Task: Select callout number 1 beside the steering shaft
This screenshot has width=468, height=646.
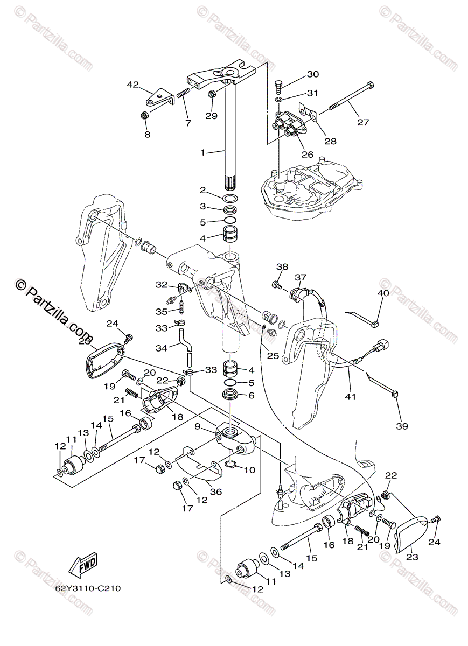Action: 203,153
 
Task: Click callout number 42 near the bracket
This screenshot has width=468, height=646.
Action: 133,85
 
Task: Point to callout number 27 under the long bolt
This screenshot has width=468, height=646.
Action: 363,122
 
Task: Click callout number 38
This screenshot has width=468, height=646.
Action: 283,266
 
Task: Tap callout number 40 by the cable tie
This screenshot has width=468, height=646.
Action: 382,293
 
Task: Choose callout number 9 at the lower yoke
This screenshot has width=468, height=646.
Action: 198,426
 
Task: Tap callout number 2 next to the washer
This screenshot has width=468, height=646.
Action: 203,190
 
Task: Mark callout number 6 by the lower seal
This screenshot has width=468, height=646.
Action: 250,395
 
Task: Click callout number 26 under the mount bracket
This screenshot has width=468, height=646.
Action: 307,154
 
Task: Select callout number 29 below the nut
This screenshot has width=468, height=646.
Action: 211,116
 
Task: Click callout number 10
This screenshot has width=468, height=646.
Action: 249,470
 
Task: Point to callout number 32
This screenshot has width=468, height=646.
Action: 162,284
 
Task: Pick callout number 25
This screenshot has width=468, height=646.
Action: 272,356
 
